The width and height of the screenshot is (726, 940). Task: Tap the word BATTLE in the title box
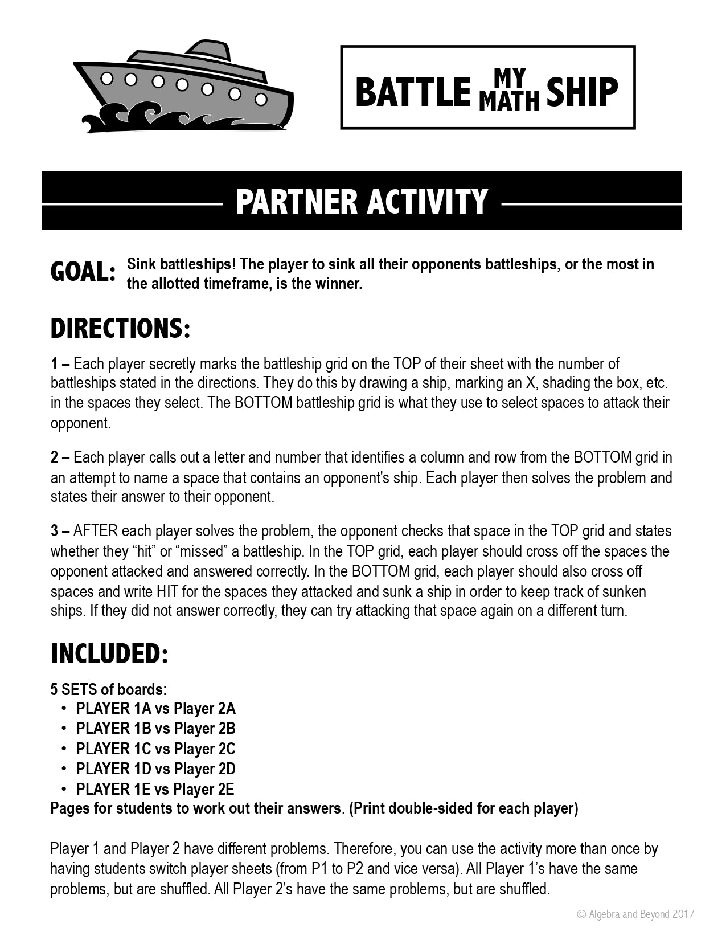pos(413,92)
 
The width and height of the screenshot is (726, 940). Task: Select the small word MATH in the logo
pos(508,101)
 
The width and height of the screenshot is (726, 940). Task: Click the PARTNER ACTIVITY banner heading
pos(362,201)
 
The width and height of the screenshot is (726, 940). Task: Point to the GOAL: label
pos(83,272)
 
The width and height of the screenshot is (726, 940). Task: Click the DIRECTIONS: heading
pos(120,329)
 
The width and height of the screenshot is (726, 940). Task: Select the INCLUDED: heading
pos(109,653)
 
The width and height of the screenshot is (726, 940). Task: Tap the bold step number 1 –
pos(60,363)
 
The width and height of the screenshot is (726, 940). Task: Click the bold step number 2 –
pos(60,457)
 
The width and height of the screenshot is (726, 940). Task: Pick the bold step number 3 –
pos(60,531)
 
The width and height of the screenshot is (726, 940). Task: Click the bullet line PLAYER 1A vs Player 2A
pos(155,709)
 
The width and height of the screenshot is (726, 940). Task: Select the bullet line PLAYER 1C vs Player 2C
pos(155,749)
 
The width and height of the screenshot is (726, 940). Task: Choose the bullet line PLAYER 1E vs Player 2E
pos(155,789)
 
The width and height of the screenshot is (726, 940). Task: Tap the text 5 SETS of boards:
pos(109,689)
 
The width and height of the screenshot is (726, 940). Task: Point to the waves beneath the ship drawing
pos(171,117)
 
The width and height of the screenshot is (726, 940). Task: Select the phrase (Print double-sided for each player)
pos(463,808)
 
